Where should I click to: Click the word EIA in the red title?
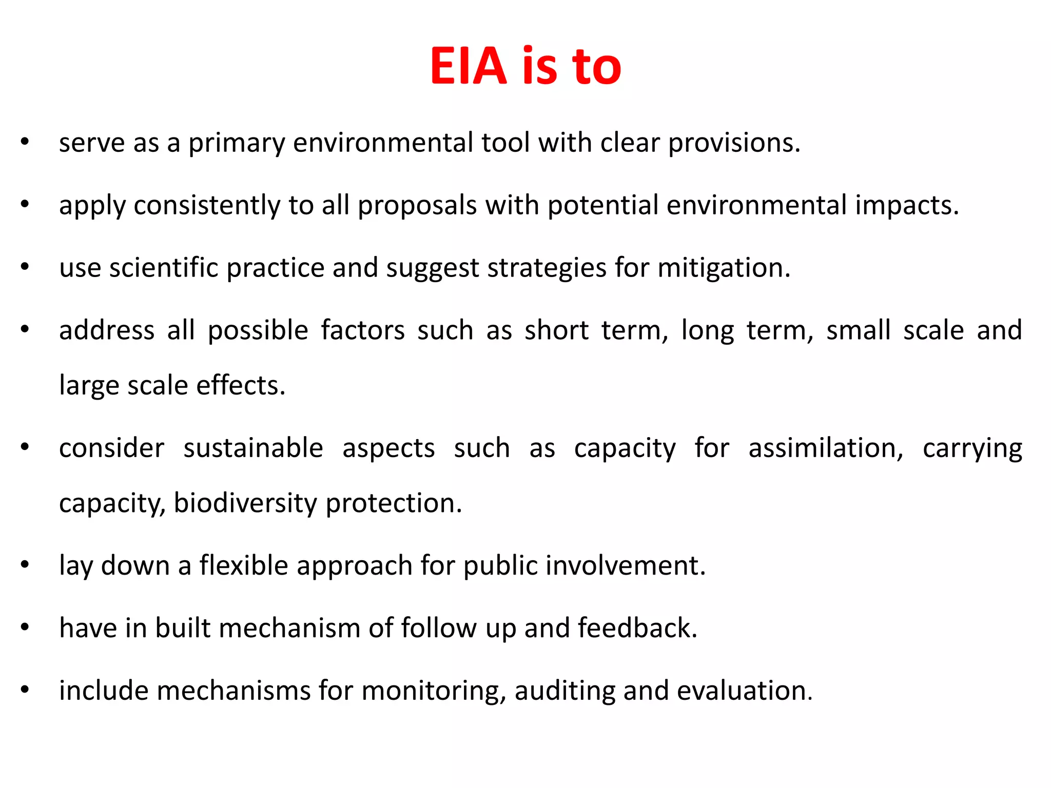pyautogui.click(x=468, y=66)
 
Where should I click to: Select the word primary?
pyautogui.click(x=237, y=143)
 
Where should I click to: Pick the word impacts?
pyautogui.click(x=907, y=205)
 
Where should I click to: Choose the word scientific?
pyautogui.click(x=164, y=268)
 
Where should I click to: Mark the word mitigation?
pyautogui.click(x=724, y=268)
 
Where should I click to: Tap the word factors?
pyautogui.click(x=363, y=330)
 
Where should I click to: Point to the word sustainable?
pyautogui.click(x=254, y=448)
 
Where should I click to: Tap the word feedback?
pyautogui.click(x=637, y=628)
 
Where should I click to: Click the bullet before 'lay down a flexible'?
pyautogui.click(x=25, y=564)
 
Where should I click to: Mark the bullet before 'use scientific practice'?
pyautogui.click(x=25, y=267)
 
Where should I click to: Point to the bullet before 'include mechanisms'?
pyautogui.click(x=25, y=689)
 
